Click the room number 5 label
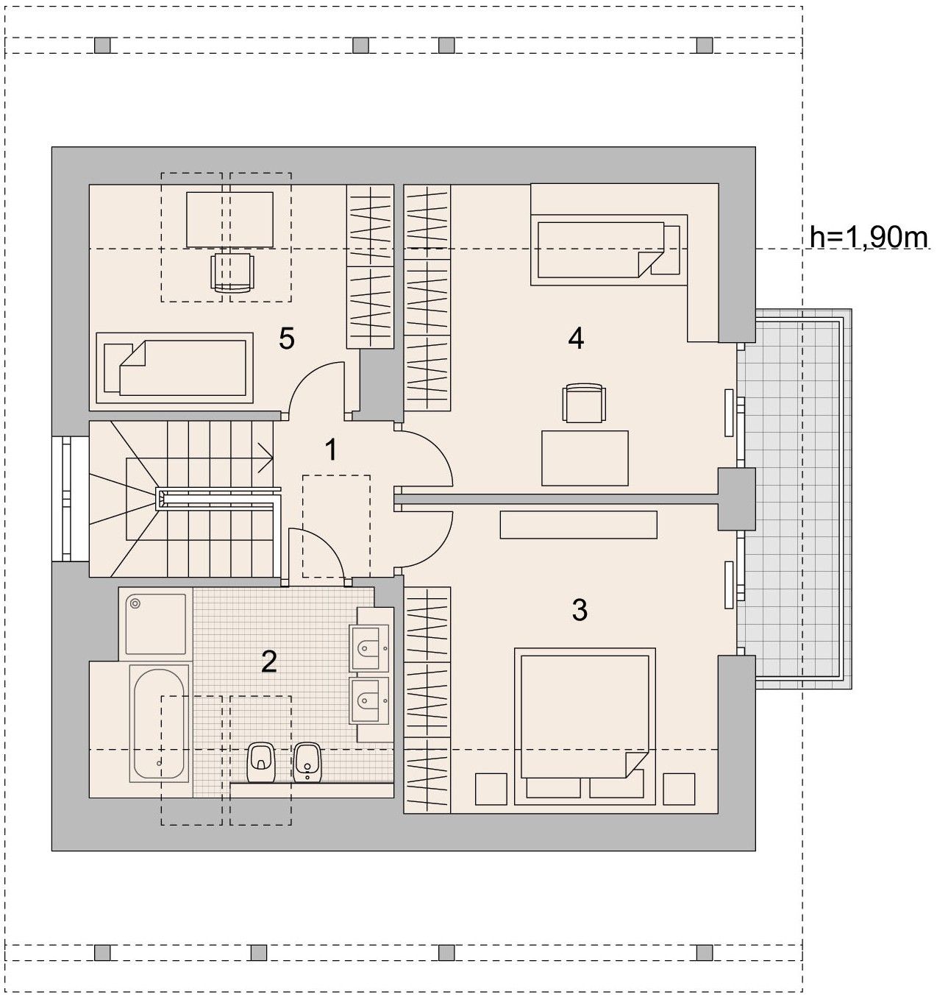(x=287, y=338)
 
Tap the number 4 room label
(x=576, y=338)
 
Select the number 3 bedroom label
(x=580, y=610)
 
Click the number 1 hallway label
(x=331, y=450)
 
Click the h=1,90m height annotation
(x=869, y=237)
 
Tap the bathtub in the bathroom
(x=160, y=723)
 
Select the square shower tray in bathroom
(x=156, y=624)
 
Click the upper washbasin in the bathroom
(x=369, y=647)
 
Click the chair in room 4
(x=584, y=402)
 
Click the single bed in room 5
(x=174, y=368)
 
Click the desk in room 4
(x=585, y=458)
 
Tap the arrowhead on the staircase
(x=267, y=458)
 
